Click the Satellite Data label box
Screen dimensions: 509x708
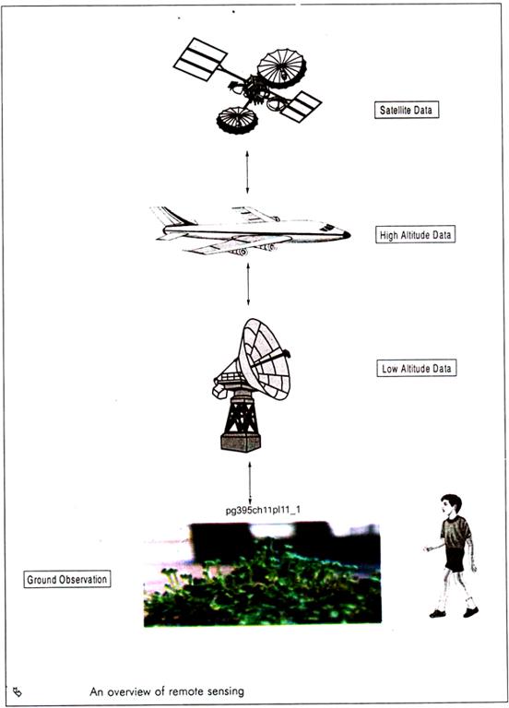(x=407, y=110)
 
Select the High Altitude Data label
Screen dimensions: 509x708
(x=415, y=235)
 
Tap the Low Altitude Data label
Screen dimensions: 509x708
(x=417, y=368)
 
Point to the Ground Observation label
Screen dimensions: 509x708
(x=66, y=579)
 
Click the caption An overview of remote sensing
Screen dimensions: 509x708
(x=167, y=691)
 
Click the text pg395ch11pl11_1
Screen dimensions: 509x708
(x=263, y=510)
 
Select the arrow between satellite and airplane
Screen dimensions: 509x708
(x=247, y=172)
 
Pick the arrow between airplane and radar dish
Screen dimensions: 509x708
(x=248, y=284)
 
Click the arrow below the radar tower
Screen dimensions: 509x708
(x=250, y=483)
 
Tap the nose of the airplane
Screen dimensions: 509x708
(x=346, y=234)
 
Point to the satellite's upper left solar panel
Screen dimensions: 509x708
(x=200, y=60)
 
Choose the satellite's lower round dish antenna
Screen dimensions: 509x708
(x=237, y=121)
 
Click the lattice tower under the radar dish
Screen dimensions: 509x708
(x=242, y=414)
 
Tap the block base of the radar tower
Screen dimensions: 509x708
(x=241, y=442)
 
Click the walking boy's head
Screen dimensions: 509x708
(x=452, y=505)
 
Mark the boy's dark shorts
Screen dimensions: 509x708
(x=456, y=560)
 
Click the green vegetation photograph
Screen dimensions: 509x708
(x=263, y=575)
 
